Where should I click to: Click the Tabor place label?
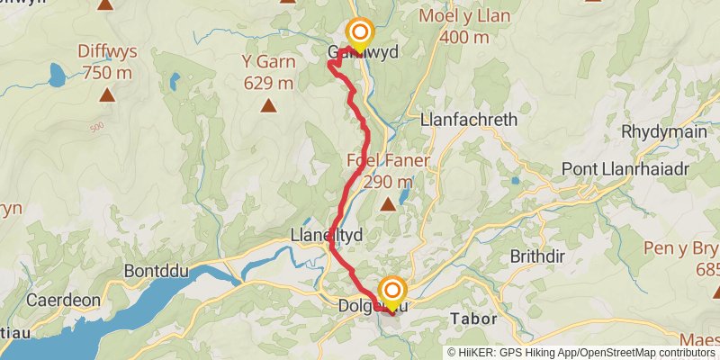tap(473, 319)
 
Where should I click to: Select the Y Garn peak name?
tap(268, 62)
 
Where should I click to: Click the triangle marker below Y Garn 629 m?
tap(268, 106)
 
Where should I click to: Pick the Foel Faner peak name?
tap(388, 162)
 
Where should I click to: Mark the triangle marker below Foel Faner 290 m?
tap(388, 204)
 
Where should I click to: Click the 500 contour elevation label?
tap(97, 126)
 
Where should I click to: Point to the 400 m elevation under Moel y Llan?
tap(464, 37)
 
